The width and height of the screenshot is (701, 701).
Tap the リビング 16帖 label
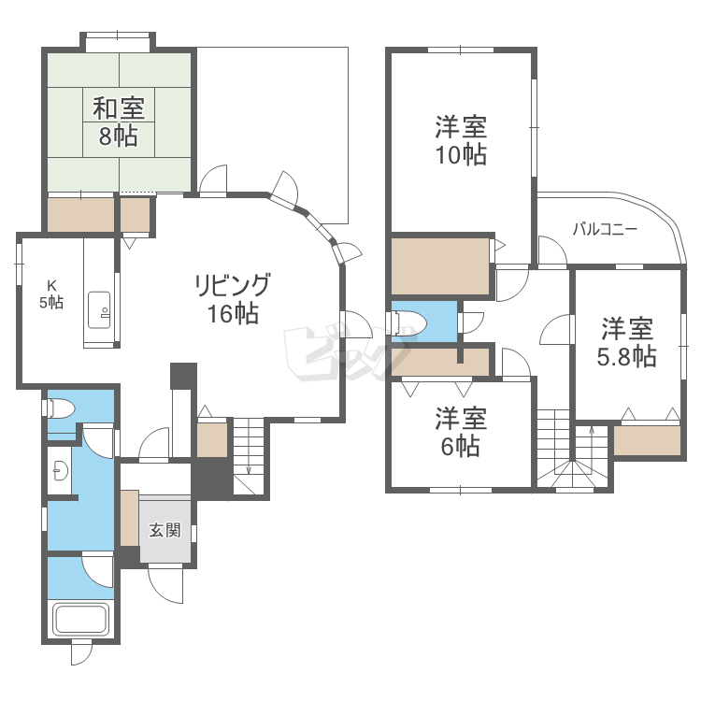[233, 298]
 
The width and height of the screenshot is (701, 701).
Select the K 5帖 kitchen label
[51, 294]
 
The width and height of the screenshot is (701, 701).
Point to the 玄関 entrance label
[165, 530]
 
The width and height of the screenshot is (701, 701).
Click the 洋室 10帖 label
[461, 140]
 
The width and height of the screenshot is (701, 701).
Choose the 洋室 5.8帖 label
[627, 342]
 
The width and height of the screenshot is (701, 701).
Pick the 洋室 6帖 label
[461, 432]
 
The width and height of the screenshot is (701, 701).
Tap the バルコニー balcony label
[605, 229]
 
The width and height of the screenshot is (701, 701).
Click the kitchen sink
[99, 310]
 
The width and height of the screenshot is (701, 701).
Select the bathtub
[81, 619]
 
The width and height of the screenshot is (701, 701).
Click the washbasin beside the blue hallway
[60, 470]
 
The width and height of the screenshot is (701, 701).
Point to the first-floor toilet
[58, 408]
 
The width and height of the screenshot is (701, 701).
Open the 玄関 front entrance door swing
[165, 583]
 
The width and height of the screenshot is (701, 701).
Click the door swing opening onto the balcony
[552, 250]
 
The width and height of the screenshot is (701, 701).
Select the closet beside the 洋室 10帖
[440, 266]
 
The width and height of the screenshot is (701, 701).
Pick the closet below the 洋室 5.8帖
[647, 440]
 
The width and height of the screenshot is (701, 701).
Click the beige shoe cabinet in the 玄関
[130, 518]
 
